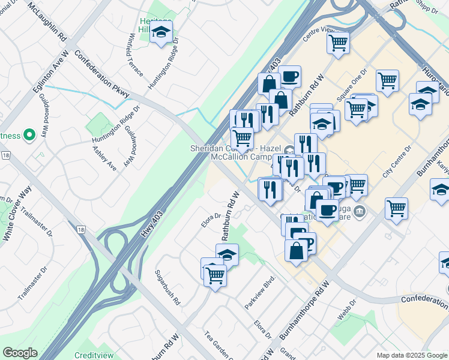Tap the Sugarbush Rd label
[x=167, y=288]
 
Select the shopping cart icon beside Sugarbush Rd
[x=215, y=275]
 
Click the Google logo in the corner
[x=20, y=353]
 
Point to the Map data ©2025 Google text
[x=411, y=355]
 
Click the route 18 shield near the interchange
[x=81, y=229]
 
